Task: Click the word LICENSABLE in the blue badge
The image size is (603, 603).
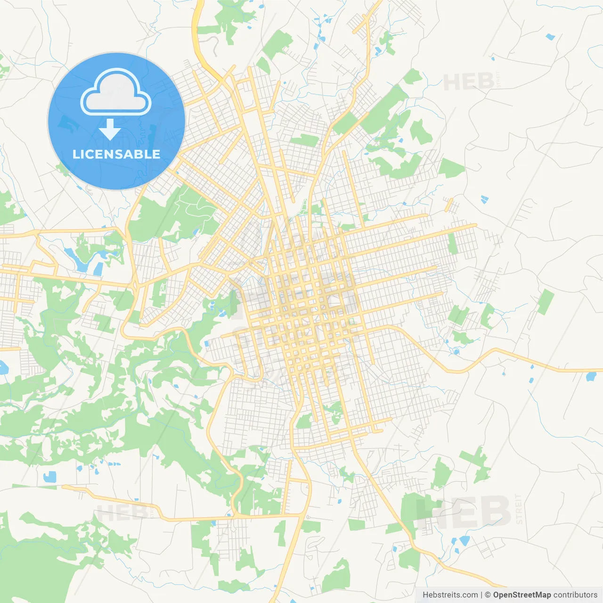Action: [x=116, y=155]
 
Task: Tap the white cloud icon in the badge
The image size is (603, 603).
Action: [x=116, y=93]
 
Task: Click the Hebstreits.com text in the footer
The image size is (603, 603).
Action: [x=450, y=595]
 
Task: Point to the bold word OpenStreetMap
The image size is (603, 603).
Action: [x=522, y=595]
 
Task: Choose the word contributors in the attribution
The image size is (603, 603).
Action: [x=575, y=595]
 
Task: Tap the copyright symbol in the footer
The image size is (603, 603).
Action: [x=488, y=595]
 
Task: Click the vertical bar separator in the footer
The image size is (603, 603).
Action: [x=481, y=595]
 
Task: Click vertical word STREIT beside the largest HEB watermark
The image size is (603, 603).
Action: [x=519, y=509]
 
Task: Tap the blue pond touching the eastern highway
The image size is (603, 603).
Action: [x=590, y=376]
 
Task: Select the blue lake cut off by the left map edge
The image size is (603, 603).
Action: [x=3, y=367]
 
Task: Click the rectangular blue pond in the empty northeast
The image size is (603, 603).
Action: [x=550, y=36]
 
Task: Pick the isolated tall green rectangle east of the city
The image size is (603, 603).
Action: [x=546, y=302]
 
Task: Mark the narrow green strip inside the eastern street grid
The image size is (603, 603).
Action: [x=452, y=243]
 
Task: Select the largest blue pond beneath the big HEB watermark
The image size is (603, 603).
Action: [x=464, y=540]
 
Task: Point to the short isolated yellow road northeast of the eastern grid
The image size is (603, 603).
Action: [x=449, y=205]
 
